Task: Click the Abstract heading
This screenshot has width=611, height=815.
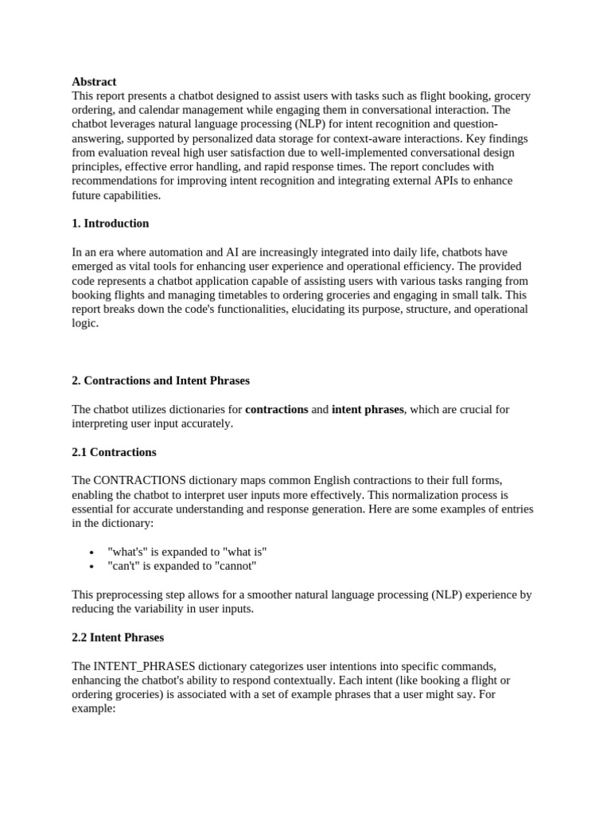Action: click(94, 81)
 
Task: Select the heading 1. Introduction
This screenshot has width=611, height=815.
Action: click(111, 223)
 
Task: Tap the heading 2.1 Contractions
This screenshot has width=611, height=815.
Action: click(114, 452)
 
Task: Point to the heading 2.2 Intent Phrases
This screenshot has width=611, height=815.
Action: click(118, 637)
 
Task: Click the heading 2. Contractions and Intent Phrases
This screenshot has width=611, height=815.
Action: click(161, 380)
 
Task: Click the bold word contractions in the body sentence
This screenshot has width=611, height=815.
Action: click(277, 409)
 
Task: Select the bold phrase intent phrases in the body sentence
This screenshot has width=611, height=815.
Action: click(368, 409)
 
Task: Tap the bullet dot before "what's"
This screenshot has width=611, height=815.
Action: click(92, 552)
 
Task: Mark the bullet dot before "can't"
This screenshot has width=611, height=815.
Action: click(92, 567)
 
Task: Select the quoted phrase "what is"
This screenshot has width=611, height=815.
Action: click(247, 552)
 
